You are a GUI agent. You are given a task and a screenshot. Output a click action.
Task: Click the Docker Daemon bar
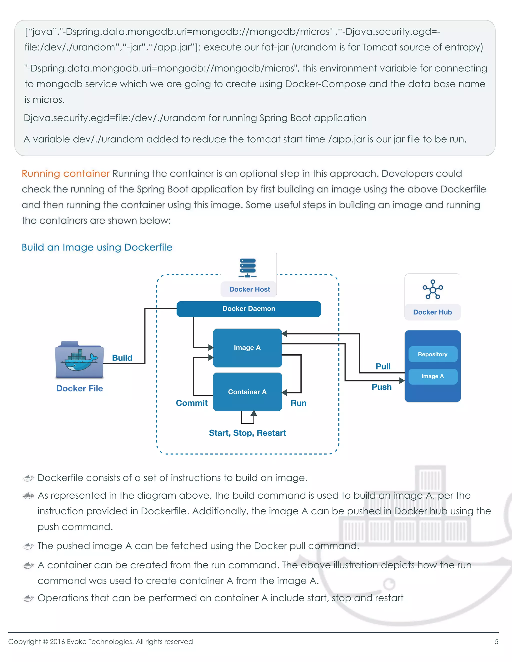click(249, 309)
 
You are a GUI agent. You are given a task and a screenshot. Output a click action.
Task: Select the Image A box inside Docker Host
click(247, 348)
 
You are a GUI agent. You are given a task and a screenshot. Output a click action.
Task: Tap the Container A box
click(247, 392)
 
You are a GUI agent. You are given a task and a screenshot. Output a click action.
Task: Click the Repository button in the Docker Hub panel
click(432, 354)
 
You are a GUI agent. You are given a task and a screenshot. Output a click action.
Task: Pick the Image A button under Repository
click(432, 376)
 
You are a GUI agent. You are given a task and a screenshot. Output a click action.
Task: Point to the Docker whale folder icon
click(79, 359)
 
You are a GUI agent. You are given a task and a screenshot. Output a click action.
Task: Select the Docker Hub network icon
click(432, 289)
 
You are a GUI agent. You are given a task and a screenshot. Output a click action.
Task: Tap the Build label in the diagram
click(122, 358)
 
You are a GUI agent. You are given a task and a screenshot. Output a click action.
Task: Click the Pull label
click(383, 366)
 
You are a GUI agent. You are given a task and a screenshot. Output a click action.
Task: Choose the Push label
click(381, 387)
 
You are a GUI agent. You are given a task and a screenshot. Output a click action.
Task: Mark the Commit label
click(192, 403)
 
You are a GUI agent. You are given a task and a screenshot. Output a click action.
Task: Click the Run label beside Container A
click(298, 403)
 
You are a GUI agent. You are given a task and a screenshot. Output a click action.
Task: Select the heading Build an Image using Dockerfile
click(97, 247)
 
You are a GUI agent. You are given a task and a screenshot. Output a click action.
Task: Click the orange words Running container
click(65, 173)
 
